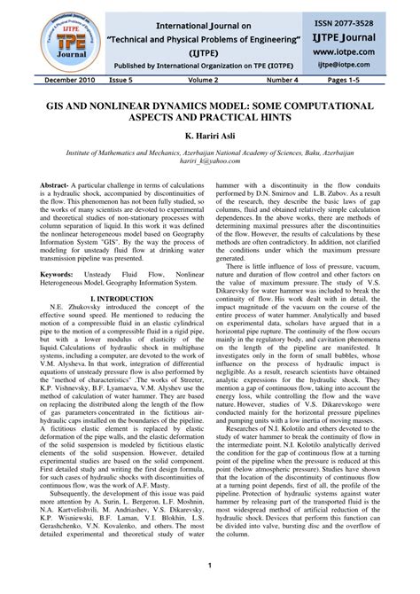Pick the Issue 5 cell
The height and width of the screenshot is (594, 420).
(x=122, y=79)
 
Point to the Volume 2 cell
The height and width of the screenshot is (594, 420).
(x=203, y=79)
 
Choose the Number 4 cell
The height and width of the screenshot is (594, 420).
(x=284, y=79)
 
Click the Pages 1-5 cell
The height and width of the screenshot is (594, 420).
(x=365, y=79)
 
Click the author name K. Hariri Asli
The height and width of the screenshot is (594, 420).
(x=210, y=137)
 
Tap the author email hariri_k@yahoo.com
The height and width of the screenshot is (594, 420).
(x=210, y=165)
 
